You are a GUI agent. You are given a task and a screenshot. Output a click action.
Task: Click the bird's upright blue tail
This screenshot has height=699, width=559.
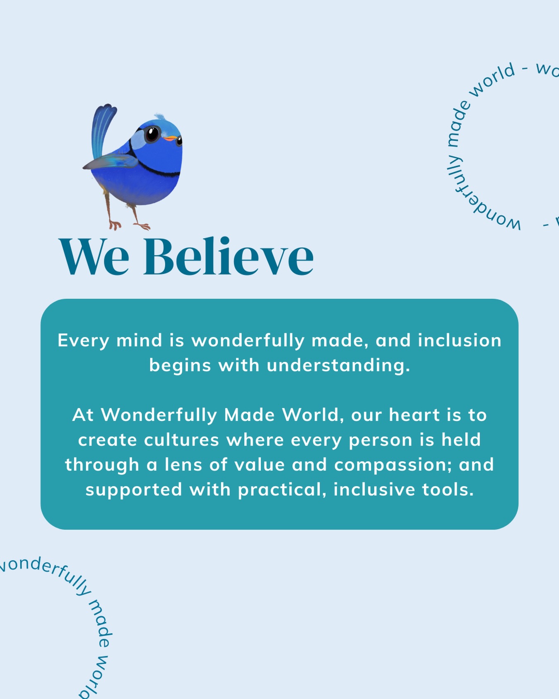click(102, 128)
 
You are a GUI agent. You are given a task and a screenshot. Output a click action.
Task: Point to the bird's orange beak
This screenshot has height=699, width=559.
click(170, 139)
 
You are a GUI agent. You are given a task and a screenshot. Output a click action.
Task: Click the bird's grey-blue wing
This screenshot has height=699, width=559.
click(111, 161)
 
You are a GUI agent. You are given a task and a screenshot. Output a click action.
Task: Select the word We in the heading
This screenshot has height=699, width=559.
click(94, 256)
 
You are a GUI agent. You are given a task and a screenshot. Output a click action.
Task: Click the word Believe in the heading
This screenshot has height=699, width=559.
click(229, 255)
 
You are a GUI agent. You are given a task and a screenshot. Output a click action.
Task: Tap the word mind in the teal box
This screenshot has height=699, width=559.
click(139, 340)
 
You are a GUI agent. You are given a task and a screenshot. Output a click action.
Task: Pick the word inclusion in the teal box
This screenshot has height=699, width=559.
click(460, 340)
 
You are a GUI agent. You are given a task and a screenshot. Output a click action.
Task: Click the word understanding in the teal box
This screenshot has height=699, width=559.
click(338, 366)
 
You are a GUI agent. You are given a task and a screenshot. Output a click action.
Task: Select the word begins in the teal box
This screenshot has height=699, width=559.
click(180, 366)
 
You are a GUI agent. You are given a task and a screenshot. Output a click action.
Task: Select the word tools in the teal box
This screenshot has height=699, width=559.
click(448, 490)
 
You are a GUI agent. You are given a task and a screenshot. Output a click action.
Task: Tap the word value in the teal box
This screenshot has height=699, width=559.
click(260, 465)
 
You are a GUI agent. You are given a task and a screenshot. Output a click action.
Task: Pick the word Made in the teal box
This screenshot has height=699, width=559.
click(249, 415)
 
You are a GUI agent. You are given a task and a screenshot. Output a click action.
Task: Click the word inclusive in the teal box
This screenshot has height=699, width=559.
click(374, 489)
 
